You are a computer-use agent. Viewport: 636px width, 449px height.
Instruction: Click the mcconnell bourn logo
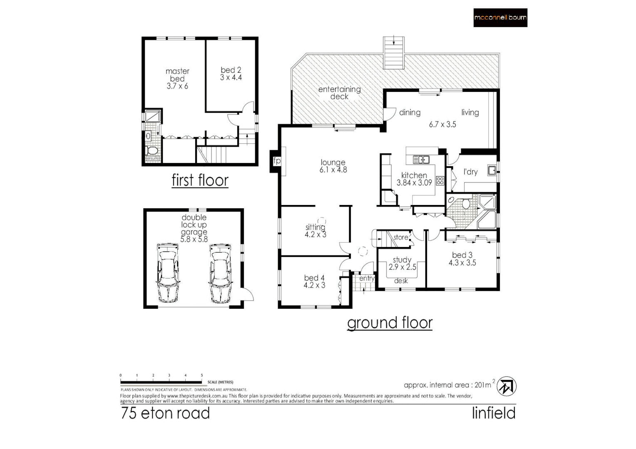tap(500, 18)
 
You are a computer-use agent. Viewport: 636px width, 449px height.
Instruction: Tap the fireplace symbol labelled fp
tap(276, 161)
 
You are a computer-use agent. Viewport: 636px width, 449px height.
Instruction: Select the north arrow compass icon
tap(507, 386)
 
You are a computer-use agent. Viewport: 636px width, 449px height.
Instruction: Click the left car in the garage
tap(168, 273)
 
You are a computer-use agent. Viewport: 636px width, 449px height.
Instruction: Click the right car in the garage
tap(220, 273)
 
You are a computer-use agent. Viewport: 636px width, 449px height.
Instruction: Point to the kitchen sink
tap(421, 160)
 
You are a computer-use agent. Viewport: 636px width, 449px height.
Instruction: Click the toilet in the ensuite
tap(152, 150)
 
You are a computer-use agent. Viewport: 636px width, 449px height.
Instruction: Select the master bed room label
tap(177, 75)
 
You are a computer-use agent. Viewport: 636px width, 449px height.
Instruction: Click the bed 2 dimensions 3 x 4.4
tap(231, 78)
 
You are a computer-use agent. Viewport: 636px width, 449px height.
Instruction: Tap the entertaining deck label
tap(339, 93)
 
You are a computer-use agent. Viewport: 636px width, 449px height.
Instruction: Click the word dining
tap(410, 113)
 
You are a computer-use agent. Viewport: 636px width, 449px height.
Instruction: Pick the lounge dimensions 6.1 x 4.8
tap(333, 170)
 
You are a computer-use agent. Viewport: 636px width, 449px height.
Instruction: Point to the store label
tap(400, 237)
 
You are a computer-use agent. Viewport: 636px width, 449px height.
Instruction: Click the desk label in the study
tap(401, 281)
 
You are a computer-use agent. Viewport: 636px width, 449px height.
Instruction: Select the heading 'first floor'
tap(200, 180)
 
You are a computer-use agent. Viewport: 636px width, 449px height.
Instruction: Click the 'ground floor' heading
tap(390, 323)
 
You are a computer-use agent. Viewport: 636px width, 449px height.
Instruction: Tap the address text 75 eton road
tap(165, 413)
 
